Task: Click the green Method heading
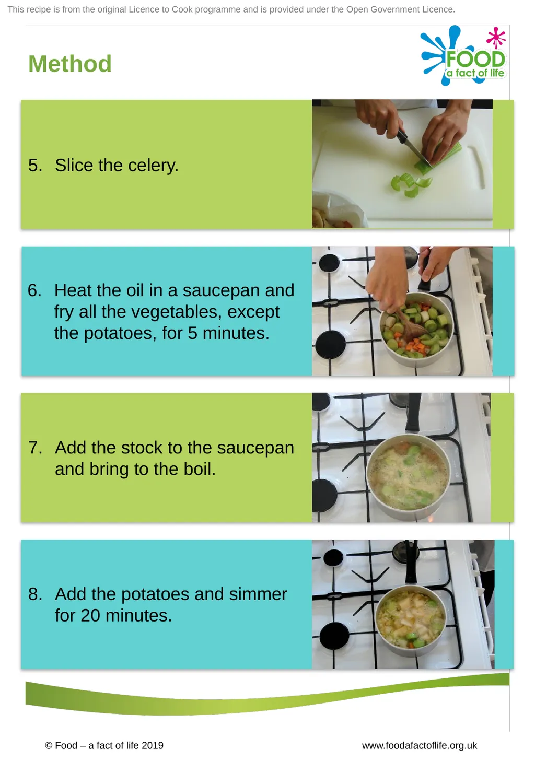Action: coord(69,64)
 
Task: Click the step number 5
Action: coord(35,165)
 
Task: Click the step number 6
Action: coord(34,290)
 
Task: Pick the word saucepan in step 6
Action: coord(238,291)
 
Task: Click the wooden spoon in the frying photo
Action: coord(411,326)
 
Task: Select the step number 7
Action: coord(35,448)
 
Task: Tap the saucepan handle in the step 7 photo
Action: coord(413,413)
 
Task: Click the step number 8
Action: coord(35,594)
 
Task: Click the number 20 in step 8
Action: coord(90,616)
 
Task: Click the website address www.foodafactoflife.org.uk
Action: coord(420,746)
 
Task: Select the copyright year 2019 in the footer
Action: coord(152,746)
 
